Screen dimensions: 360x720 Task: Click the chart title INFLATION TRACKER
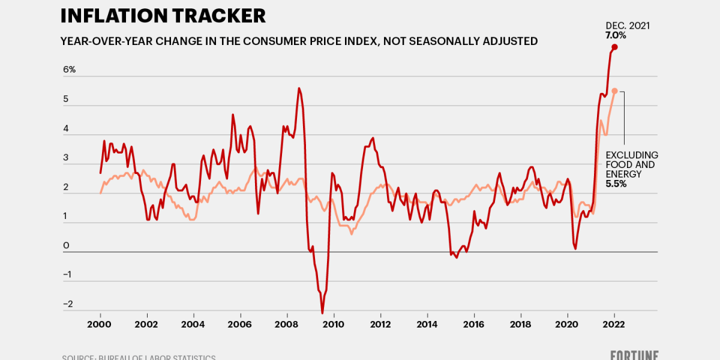click(x=163, y=15)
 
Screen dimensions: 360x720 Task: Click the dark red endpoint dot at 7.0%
click(x=614, y=47)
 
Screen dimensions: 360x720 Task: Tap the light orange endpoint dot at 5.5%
click(x=614, y=91)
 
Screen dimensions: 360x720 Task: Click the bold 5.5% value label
click(x=616, y=184)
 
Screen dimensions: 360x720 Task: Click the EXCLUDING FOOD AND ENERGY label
click(x=631, y=164)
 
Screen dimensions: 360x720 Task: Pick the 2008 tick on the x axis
click(x=287, y=324)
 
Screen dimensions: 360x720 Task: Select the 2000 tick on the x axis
click(x=100, y=324)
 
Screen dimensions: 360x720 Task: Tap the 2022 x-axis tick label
click(x=614, y=324)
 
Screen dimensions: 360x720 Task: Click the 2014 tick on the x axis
click(x=427, y=324)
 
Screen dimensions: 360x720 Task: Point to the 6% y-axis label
click(x=70, y=70)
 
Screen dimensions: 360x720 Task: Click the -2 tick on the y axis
click(x=67, y=304)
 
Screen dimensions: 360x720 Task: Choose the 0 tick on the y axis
click(x=66, y=245)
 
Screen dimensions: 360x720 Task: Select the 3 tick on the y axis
click(x=66, y=158)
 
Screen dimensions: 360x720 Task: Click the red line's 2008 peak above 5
click(x=299, y=88)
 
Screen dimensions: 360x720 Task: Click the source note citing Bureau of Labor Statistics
click(x=139, y=358)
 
